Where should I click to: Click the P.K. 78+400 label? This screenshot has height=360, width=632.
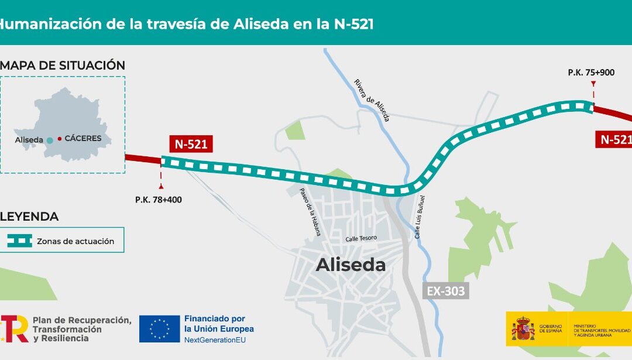click(x=158, y=200)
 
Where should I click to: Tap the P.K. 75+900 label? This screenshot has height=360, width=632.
click(x=591, y=73)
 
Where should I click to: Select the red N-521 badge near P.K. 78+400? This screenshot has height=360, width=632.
click(x=191, y=144)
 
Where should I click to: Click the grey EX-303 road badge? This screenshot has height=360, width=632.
click(x=447, y=291)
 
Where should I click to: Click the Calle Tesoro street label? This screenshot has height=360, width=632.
click(x=361, y=238)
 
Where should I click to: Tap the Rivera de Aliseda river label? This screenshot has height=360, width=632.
click(x=372, y=100)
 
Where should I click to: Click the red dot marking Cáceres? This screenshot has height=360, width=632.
click(x=60, y=139)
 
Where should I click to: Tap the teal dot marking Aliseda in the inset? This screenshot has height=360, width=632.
click(x=50, y=140)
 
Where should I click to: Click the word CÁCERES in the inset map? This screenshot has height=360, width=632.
click(x=83, y=139)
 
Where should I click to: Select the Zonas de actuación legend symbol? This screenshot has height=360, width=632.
click(x=20, y=241)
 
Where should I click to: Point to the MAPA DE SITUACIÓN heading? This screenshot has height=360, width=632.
click(x=63, y=65)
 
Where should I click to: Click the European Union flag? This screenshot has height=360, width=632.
click(x=159, y=329)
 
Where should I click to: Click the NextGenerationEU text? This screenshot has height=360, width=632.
click(x=219, y=340)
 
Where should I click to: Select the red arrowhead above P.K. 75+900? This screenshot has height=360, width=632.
click(x=593, y=84)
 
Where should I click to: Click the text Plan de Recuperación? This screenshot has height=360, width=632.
click(x=82, y=320)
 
